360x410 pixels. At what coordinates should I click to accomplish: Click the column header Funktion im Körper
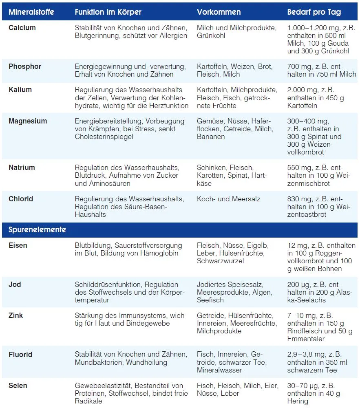pyautogui.click(x=108, y=12)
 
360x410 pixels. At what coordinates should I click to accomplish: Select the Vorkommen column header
pyautogui.click(x=219, y=12)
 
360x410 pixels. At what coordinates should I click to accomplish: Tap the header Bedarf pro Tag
pyautogui.click(x=314, y=12)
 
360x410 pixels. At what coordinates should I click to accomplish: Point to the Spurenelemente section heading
pyautogui.click(x=37, y=230)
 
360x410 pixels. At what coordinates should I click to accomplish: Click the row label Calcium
pyautogui.click(x=22, y=28)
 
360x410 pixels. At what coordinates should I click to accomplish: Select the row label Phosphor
pyautogui.click(x=25, y=66)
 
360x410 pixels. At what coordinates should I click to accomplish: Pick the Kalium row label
pyautogui.click(x=20, y=90)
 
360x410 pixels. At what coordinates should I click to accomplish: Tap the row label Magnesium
pyautogui.click(x=28, y=121)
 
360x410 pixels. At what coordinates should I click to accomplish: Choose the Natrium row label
pyautogui.click(x=22, y=168)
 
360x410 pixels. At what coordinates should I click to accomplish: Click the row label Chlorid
pyautogui.click(x=21, y=199)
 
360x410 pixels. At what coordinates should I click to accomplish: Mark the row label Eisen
pyautogui.click(x=18, y=245)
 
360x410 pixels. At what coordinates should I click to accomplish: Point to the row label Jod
pyautogui.click(x=15, y=284)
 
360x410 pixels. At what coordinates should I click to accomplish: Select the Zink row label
pyautogui.click(x=16, y=315)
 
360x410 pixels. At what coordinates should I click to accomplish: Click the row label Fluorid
pyautogui.click(x=20, y=355)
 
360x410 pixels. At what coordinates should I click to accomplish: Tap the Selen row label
pyautogui.click(x=18, y=386)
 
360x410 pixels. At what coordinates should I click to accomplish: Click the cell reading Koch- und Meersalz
pyautogui.click(x=228, y=199)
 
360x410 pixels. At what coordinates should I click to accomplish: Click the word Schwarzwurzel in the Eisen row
pyautogui.click(x=220, y=261)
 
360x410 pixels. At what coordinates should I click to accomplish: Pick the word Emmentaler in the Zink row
pyautogui.click(x=306, y=339)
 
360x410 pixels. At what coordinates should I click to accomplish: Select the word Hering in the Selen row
pyautogui.click(x=298, y=401)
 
